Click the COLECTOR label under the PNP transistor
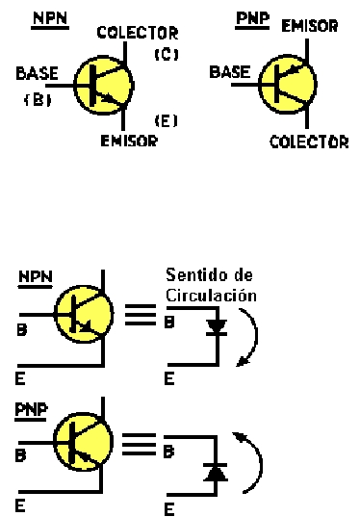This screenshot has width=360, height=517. click(309, 142)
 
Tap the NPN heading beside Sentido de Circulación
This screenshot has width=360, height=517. click(35, 277)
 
